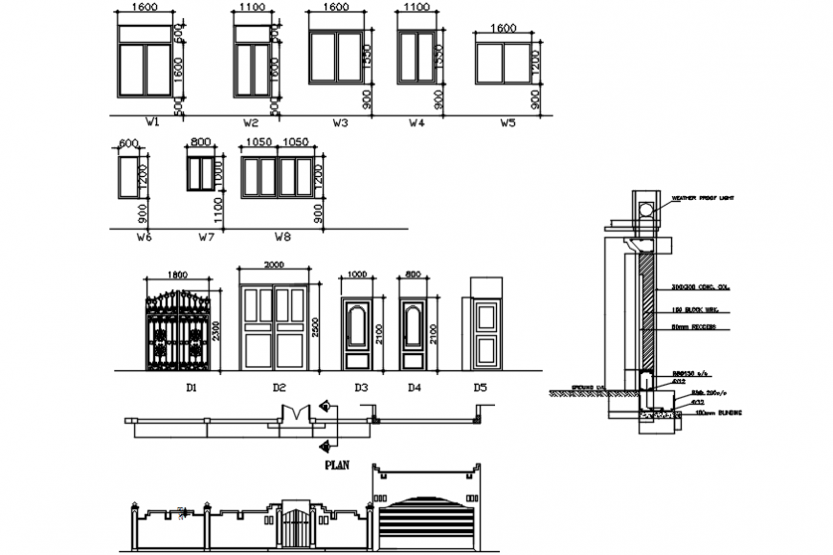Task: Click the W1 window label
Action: (x=151, y=123)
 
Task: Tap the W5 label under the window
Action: (x=507, y=123)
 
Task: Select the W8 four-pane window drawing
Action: (x=278, y=177)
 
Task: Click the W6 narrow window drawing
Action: (x=128, y=177)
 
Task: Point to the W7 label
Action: (x=206, y=236)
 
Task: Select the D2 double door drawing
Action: (x=275, y=326)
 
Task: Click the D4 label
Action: (x=414, y=388)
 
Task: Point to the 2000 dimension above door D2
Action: (x=274, y=265)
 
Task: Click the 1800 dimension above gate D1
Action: (x=178, y=275)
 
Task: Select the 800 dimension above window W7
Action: (x=200, y=143)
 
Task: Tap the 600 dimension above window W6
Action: (x=128, y=144)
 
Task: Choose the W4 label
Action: (x=416, y=123)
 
